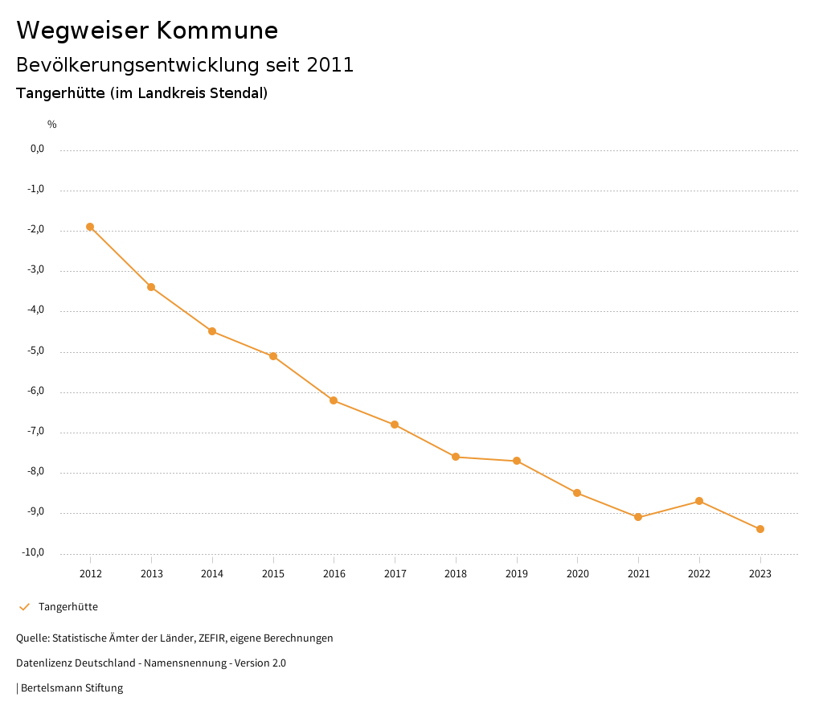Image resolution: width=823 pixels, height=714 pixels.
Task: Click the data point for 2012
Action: click(x=90, y=227)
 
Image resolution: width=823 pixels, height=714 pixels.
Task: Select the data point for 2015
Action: click(x=273, y=356)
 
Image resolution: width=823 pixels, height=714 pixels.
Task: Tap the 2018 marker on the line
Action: click(x=456, y=457)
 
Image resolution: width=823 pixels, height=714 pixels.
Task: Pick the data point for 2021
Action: click(x=638, y=517)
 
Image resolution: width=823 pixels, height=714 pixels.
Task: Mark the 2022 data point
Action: click(x=699, y=501)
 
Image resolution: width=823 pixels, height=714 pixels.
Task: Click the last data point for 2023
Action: click(x=760, y=529)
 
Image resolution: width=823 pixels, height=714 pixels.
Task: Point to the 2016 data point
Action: click(x=334, y=400)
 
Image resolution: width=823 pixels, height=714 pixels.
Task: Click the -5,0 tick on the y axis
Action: click(x=37, y=351)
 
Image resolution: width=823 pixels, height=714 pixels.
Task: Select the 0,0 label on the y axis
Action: click(x=37, y=149)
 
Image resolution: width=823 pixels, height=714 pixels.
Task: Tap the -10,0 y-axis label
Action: click(x=35, y=553)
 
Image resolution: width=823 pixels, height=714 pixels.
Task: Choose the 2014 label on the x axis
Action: click(x=212, y=574)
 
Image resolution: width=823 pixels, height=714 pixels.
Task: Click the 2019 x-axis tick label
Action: click(x=517, y=574)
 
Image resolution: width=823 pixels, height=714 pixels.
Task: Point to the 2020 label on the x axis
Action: click(x=577, y=574)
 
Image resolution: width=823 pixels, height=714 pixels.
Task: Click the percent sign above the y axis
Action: click(x=52, y=125)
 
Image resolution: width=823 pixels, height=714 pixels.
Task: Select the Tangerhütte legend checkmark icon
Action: click(x=24, y=607)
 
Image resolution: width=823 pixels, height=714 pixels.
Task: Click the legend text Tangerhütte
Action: click(x=68, y=607)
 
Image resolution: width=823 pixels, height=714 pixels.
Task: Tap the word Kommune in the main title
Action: click(x=217, y=31)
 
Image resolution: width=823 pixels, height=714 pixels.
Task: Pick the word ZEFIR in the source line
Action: click(x=212, y=638)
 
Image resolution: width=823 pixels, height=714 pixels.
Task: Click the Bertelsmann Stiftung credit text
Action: click(x=72, y=688)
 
